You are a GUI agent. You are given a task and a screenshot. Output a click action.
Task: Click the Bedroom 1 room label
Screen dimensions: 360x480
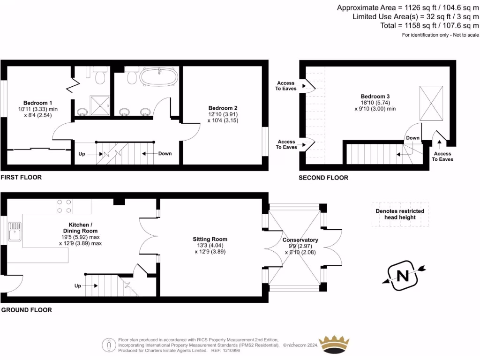(x=37, y=103)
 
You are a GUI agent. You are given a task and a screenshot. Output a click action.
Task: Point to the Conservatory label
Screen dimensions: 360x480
(x=300, y=240)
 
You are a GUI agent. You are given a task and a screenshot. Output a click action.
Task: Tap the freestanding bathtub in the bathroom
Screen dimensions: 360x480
(x=159, y=77)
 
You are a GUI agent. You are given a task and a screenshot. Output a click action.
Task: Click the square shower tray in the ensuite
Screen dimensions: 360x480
(x=99, y=105)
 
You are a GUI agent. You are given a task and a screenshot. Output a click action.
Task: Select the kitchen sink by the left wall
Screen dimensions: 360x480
(x=15, y=231)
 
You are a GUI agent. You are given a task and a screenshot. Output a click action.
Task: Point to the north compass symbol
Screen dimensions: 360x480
(x=403, y=275)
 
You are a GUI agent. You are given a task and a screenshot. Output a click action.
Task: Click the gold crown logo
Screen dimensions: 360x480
(x=334, y=344)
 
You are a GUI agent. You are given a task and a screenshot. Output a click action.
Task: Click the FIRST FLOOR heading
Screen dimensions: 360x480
(x=21, y=177)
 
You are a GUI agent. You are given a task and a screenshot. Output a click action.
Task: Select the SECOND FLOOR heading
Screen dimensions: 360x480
(x=324, y=178)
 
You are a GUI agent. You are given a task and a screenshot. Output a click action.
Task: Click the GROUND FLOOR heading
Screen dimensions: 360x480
(x=26, y=310)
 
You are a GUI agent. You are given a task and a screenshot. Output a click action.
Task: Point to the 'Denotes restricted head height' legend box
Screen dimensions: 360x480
(x=400, y=214)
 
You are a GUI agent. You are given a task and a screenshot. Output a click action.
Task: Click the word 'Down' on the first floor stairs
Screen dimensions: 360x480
(x=165, y=154)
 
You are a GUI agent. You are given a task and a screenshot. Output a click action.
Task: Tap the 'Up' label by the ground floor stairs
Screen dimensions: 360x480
(x=78, y=285)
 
